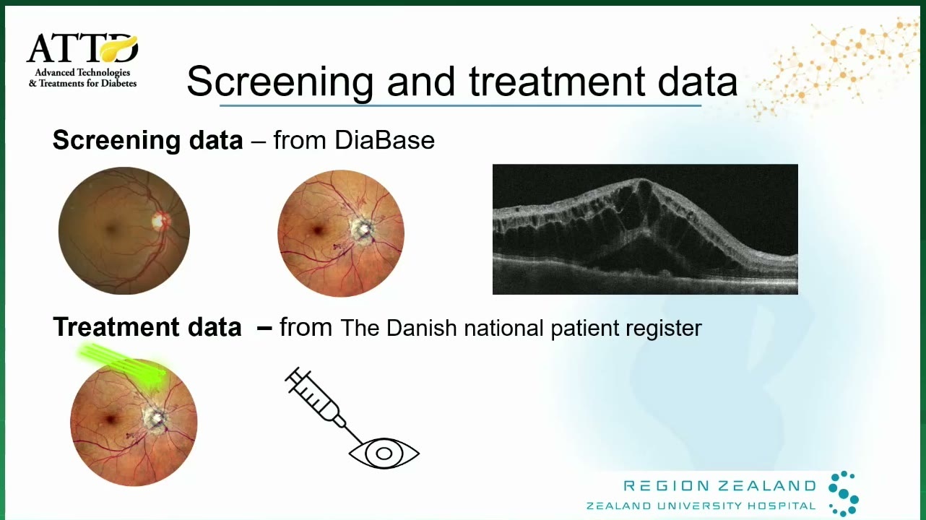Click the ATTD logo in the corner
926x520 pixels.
[82, 60]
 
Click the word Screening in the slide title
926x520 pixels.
[280, 82]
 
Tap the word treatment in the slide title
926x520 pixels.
[556, 82]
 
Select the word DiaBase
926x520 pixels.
[384, 140]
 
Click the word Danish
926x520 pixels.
[422, 328]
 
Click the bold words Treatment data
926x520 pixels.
[147, 327]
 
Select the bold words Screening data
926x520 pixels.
[147, 140]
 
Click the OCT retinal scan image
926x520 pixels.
[645, 230]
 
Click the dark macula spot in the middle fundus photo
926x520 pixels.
[318, 230]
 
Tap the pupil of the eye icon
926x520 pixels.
[384, 454]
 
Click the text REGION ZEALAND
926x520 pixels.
[719, 485]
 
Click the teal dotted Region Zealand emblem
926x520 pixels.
[844, 493]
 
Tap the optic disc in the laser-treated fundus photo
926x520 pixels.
[155, 417]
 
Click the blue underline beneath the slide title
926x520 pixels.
[460, 106]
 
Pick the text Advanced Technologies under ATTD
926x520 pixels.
[82, 73]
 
